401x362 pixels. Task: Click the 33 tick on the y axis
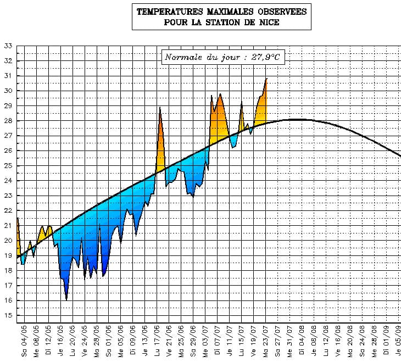click(x=8, y=46)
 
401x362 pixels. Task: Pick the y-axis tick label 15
click(x=8, y=315)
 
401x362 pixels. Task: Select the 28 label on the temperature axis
click(x=8, y=121)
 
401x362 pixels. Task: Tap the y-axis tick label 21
click(x=8, y=226)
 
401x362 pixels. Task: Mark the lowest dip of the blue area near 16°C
click(x=66, y=299)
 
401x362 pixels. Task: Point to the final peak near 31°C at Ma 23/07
click(x=266, y=80)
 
